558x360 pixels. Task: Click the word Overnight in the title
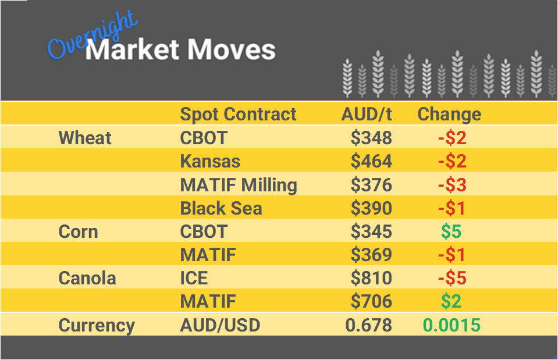[93, 36]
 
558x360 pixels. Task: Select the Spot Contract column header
[238, 114]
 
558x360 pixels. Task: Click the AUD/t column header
[367, 114]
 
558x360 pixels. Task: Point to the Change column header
[449, 114]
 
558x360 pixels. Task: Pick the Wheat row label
[85, 138]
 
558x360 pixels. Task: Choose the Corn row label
[78, 231]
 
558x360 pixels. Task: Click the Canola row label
[87, 278]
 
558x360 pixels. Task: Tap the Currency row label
[97, 325]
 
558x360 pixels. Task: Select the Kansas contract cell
[210, 161]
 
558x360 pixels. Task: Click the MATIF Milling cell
[239, 185]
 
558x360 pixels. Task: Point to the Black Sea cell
[221, 208]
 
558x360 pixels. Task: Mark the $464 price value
[371, 161]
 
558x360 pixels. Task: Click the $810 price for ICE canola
[371, 278]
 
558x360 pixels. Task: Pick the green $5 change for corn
[451, 231]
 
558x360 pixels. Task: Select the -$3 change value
[452, 185]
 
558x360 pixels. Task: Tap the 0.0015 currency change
[452, 325]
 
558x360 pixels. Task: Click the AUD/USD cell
[220, 325]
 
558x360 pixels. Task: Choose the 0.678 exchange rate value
[368, 325]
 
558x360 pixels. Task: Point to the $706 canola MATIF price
[371, 301]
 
